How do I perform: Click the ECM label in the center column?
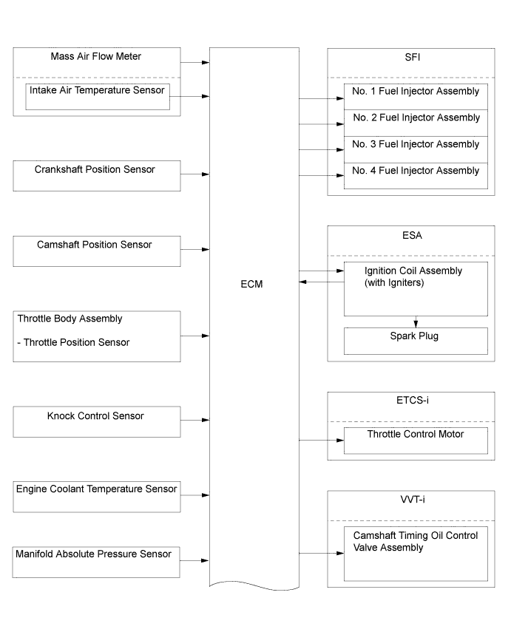pyautogui.click(x=251, y=284)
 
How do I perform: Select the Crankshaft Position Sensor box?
pyautogui.click(x=97, y=176)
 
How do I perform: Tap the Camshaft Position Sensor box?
pyautogui.click(x=97, y=251)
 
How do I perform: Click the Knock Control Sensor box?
pyautogui.click(x=97, y=421)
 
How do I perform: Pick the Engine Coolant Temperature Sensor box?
pyautogui.click(x=97, y=497)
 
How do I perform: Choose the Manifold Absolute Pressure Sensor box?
pyautogui.click(x=96, y=562)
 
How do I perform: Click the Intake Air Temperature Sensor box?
pyautogui.click(x=98, y=96)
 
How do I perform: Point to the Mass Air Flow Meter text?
pyautogui.click(x=96, y=56)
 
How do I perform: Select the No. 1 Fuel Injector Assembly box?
pyautogui.click(x=416, y=97)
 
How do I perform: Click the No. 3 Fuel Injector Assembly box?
pyautogui.click(x=416, y=149)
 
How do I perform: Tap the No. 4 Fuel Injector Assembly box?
pyautogui.click(x=416, y=176)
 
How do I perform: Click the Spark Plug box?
pyautogui.click(x=416, y=341)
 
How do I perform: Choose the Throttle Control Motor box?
pyautogui.click(x=416, y=441)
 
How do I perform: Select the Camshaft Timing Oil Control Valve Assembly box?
pyautogui.click(x=416, y=554)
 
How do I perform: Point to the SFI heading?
pyautogui.click(x=413, y=57)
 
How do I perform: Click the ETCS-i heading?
pyautogui.click(x=413, y=400)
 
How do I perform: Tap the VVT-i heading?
pyautogui.click(x=413, y=500)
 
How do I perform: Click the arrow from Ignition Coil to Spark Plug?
pyautogui.click(x=416, y=322)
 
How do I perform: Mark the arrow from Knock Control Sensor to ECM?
pyautogui.click(x=195, y=420)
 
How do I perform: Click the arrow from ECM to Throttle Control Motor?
pyautogui.click(x=322, y=440)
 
